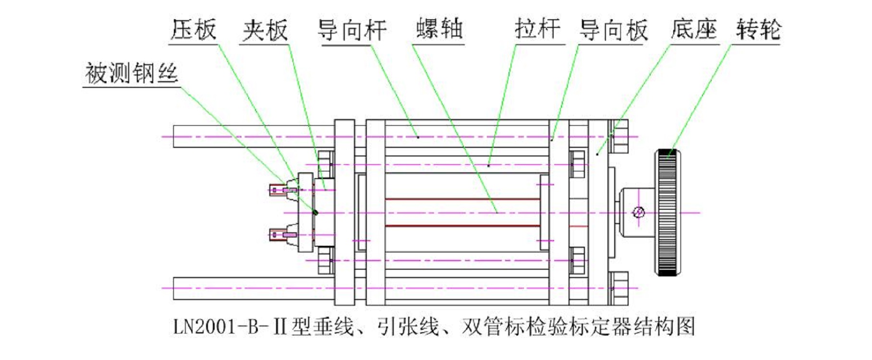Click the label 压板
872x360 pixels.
[194, 30]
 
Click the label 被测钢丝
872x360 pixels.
[131, 73]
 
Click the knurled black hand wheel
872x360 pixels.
[668, 213]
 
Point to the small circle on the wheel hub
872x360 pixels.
[639, 212]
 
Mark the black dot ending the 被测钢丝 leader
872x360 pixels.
[315, 212]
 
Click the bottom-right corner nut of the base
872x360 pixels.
[619, 288]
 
